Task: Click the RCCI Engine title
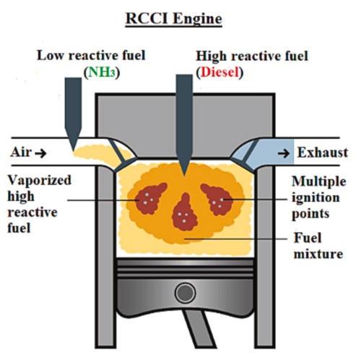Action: click(x=173, y=19)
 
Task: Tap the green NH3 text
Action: click(x=101, y=72)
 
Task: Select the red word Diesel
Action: click(x=220, y=72)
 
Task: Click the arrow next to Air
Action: click(x=40, y=153)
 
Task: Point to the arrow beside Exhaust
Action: click(x=284, y=153)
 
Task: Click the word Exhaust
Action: click(x=323, y=153)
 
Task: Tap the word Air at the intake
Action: click(x=21, y=153)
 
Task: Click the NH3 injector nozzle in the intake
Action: click(x=73, y=114)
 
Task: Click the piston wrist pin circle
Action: click(x=185, y=293)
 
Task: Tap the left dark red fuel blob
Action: click(x=149, y=199)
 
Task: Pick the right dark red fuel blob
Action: click(x=217, y=200)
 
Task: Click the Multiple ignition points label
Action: click(x=318, y=197)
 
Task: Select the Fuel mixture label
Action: click(x=318, y=246)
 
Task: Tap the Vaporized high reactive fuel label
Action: click(x=39, y=204)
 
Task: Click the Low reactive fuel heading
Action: click(x=91, y=56)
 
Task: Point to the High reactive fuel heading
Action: click(x=252, y=56)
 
